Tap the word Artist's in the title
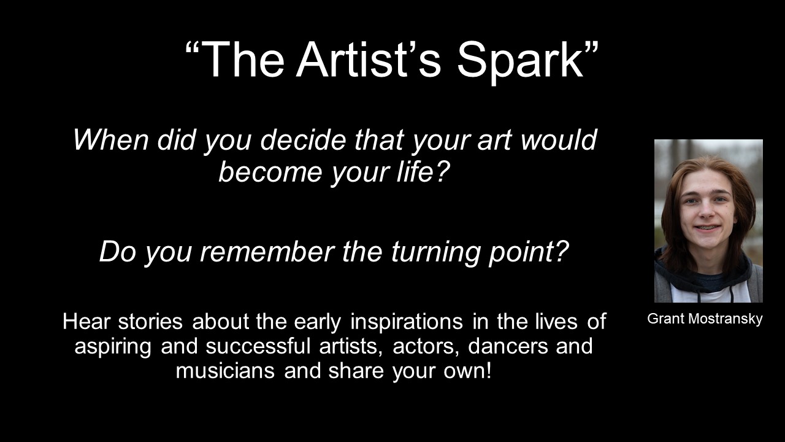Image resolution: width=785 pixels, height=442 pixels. click(x=369, y=59)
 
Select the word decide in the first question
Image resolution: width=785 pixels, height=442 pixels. click(x=303, y=139)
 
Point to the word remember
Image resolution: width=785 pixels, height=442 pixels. click(x=267, y=251)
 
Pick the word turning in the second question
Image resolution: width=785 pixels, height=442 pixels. click(x=435, y=252)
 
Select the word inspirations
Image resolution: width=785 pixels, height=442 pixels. click(x=406, y=323)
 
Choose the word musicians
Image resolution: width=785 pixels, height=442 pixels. click(x=225, y=371)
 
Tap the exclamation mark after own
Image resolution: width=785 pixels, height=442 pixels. click(x=488, y=371)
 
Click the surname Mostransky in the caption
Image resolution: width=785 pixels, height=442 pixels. click(x=725, y=319)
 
